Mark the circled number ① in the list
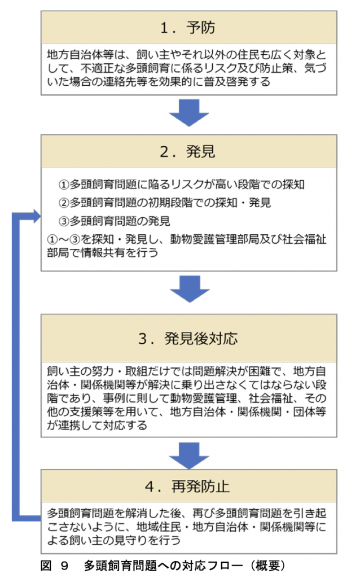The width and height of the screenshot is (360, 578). pyautogui.click(x=63, y=185)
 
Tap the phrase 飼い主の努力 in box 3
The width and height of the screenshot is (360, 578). pyautogui.click(x=85, y=373)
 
